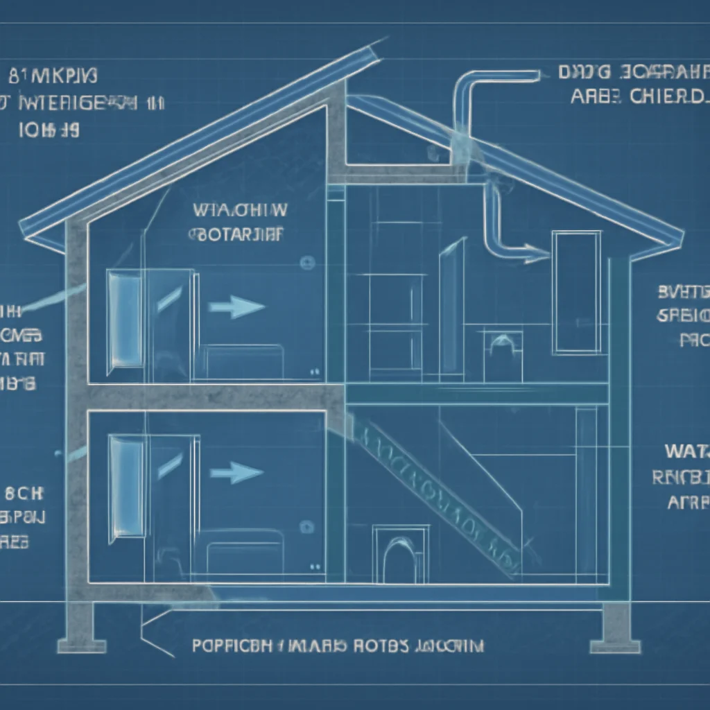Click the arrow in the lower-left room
tap(236, 474)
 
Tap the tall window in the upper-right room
tap(576, 293)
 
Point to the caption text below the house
tap(338, 646)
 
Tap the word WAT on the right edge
tap(686, 451)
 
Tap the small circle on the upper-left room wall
tap(305, 262)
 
